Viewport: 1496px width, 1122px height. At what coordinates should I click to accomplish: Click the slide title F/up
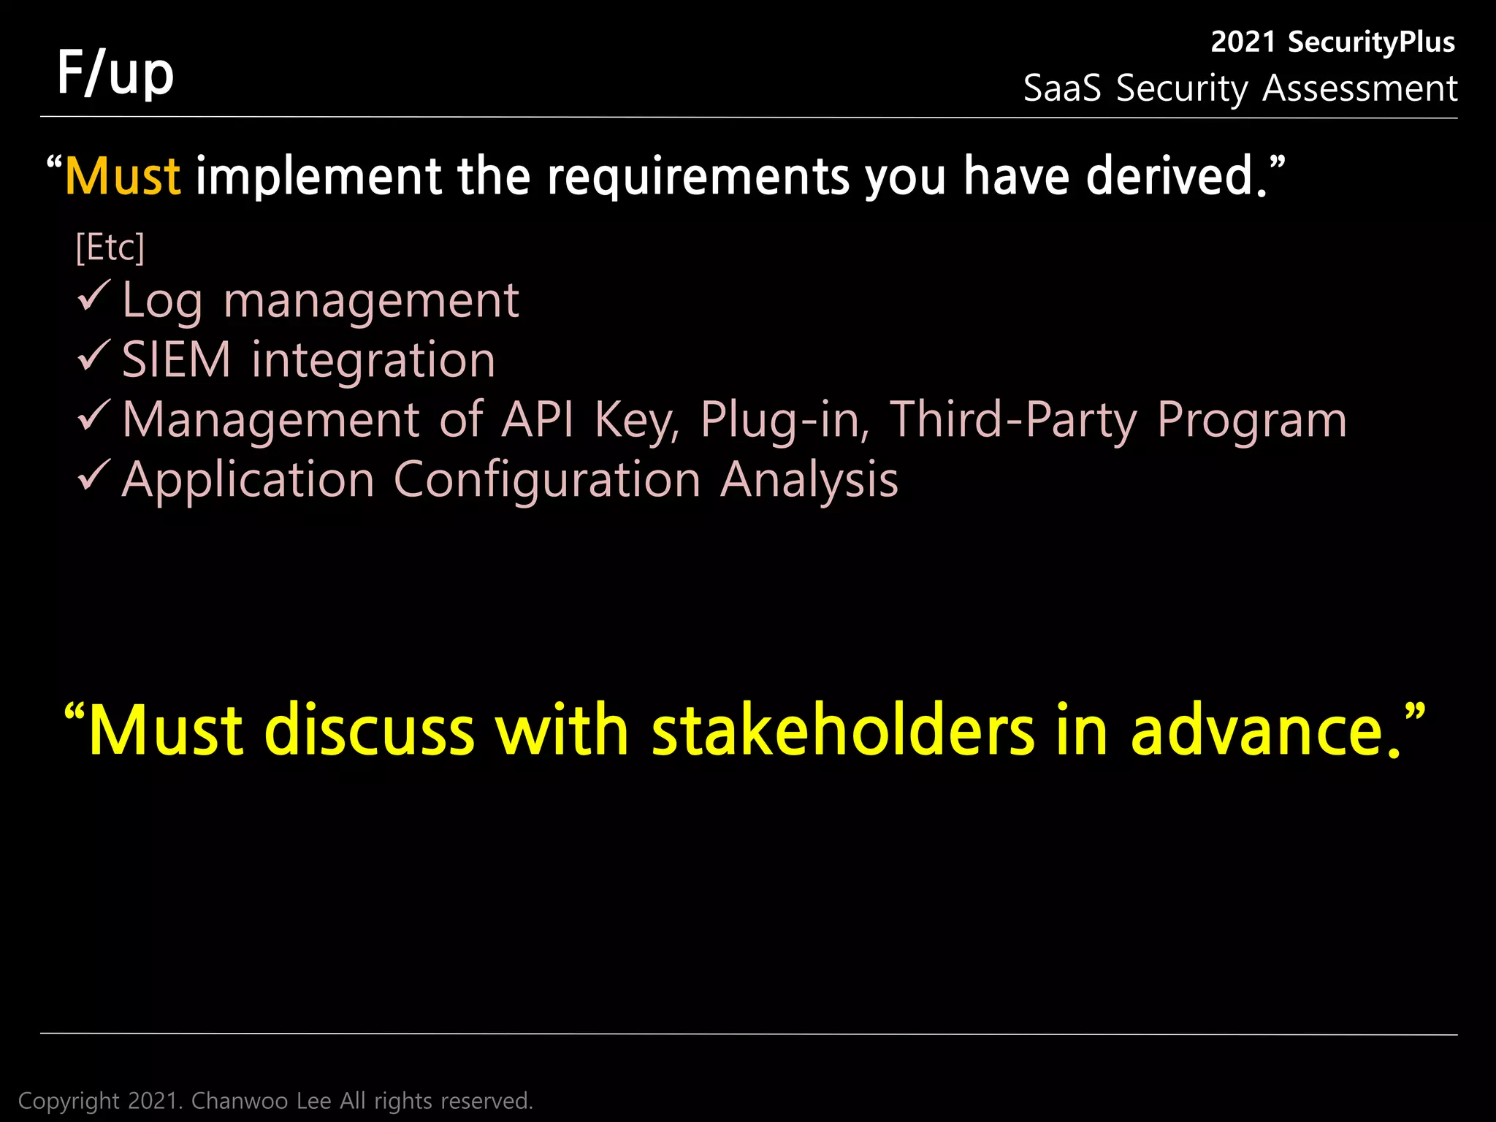[115, 73]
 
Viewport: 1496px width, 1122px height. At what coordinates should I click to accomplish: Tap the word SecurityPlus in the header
[1370, 42]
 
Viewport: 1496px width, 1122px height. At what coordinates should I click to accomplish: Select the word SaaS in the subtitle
[1061, 89]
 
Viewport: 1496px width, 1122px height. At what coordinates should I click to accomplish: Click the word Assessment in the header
[1359, 89]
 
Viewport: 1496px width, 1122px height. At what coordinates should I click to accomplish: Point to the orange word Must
[123, 177]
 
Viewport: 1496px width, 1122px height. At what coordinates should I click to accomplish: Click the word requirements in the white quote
[699, 177]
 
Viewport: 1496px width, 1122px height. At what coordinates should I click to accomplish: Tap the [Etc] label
[110, 248]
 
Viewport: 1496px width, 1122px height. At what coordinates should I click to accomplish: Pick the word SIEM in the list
[176, 360]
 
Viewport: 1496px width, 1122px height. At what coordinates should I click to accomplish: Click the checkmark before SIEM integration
[93, 356]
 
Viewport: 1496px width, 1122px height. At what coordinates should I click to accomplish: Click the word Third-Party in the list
[1013, 420]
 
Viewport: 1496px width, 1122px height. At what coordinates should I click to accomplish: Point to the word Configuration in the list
[547, 480]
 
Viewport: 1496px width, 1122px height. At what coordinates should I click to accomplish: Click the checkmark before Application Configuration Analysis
[93, 476]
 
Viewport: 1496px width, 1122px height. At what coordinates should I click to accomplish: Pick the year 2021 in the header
[1243, 42]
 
